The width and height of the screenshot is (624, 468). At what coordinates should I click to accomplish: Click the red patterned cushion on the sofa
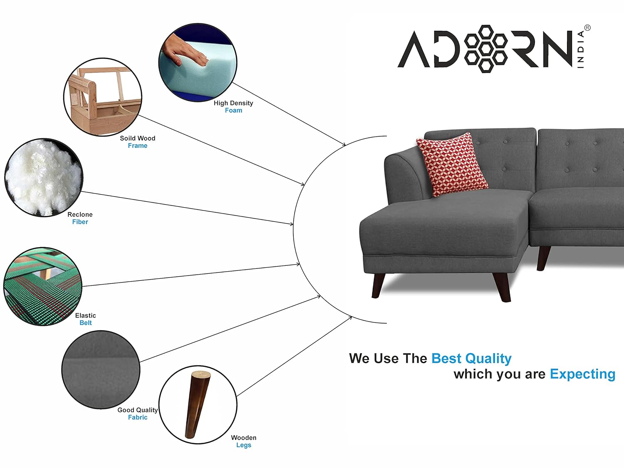[x=452, y=164]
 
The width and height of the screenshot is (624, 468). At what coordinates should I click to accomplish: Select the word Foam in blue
[x=233, y=110]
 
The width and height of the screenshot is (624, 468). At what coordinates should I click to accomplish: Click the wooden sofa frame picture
[x=103, y=97]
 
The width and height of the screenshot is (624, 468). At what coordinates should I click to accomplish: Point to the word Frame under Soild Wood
[x=138, y=146]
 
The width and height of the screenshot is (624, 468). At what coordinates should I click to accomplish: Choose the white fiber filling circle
[x=44, y=178]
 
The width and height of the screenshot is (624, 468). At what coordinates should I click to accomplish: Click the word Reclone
[x=80, y=215]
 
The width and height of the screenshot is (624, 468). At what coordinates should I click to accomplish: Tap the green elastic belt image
[x=43, y=287]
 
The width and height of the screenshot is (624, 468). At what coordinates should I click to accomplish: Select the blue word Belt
[x=86, y=323]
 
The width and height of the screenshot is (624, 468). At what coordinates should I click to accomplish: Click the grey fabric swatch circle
[x=101, y=370]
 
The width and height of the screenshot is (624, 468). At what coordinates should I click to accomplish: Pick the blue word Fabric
[x=138, y=417]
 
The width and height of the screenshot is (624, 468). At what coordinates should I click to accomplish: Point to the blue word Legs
[x=244, y=445]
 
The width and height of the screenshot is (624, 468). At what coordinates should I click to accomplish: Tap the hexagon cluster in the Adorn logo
[x=485, y=49]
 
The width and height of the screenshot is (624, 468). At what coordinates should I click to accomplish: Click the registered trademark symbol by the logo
[x=587, y=28]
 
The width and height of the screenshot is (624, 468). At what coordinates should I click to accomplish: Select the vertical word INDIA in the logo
[x=581, y=49]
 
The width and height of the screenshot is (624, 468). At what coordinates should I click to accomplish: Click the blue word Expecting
[x=582, y=374]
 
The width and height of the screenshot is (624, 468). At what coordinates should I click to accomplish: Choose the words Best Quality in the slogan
[x=471, y=359]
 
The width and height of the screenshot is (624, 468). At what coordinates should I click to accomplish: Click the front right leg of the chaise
[x=501, y=287]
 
